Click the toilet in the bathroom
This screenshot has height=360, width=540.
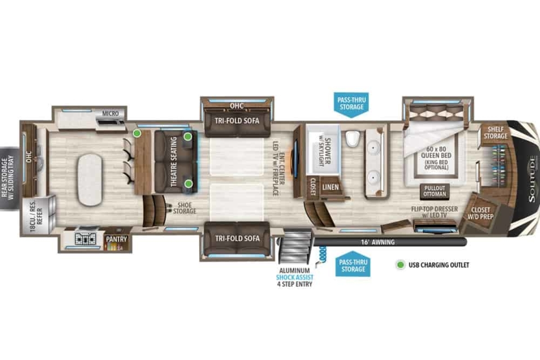tap(352, 139)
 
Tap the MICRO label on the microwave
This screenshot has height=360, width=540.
tap(110, 113)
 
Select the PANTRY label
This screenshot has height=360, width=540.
tap(117, 239)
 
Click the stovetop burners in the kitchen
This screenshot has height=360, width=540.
tap(85, 238)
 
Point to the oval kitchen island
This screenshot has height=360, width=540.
tap(90, 180)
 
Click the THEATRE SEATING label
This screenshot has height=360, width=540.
tap(174, 162)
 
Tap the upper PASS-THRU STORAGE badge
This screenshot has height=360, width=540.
tap(351, 105)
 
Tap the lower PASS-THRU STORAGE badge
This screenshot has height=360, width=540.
tap(353, 264)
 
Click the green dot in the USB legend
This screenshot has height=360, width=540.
tap(400, 265)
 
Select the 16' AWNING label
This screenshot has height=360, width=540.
tap(378, 242)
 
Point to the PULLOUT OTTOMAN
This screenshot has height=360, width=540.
tap(435, 191)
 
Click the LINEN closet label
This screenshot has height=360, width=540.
tap(330, 187)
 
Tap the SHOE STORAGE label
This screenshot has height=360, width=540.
tap(184, 208)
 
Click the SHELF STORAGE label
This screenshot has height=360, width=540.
tap(495, 133)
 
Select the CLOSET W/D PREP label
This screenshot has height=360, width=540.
tap(481, 213)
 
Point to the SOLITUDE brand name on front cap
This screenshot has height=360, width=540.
tap(532, 179)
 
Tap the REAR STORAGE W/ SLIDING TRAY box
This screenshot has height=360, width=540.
tap(9, 179)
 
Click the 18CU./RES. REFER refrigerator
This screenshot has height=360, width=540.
tap(39, 216)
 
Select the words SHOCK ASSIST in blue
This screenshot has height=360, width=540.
tap(295, 277)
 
